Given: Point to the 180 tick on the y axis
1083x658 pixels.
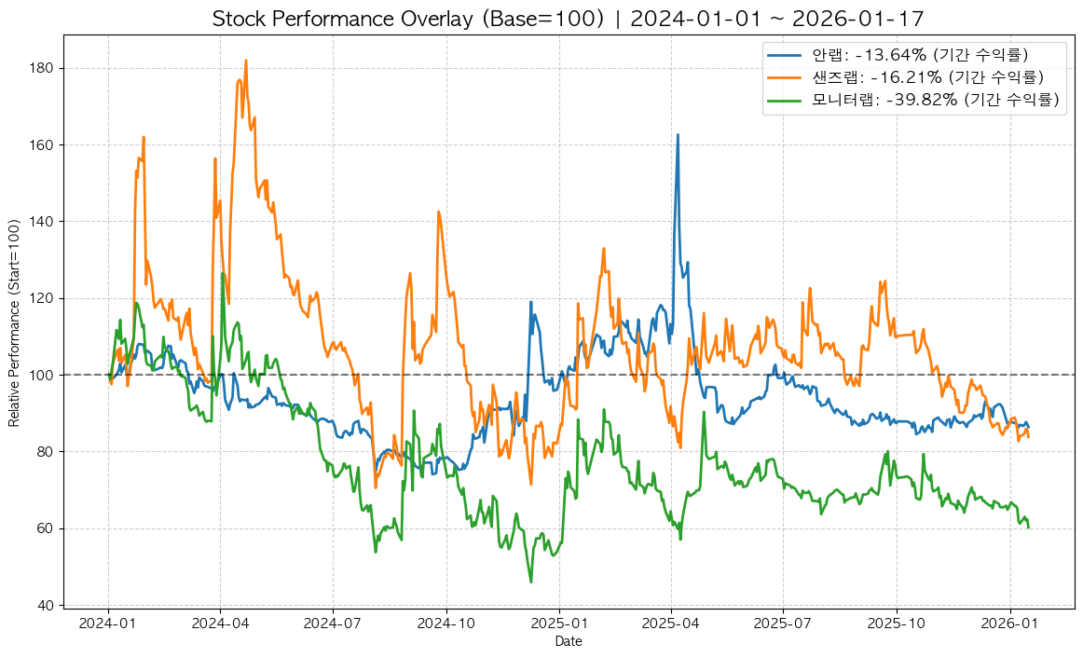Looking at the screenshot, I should (x=45, y=68).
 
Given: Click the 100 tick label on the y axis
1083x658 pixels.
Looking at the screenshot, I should (x=45, y=375).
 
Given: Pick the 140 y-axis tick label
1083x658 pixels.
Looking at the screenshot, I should (x=45, y=222).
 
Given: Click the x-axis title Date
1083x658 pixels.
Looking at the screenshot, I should (x=569, y=641).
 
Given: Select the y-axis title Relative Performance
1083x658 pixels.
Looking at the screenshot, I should (x=14, y=322).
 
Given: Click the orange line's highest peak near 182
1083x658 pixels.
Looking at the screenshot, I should (x=246, y=61).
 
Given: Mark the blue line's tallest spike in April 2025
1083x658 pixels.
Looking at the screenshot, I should (x=678, y=135).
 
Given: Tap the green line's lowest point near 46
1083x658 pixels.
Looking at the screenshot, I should (x=531, y=583).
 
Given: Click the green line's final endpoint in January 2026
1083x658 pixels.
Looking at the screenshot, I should (x=1028, y=528).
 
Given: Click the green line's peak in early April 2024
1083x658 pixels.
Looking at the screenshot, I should (x=223, y=274).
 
